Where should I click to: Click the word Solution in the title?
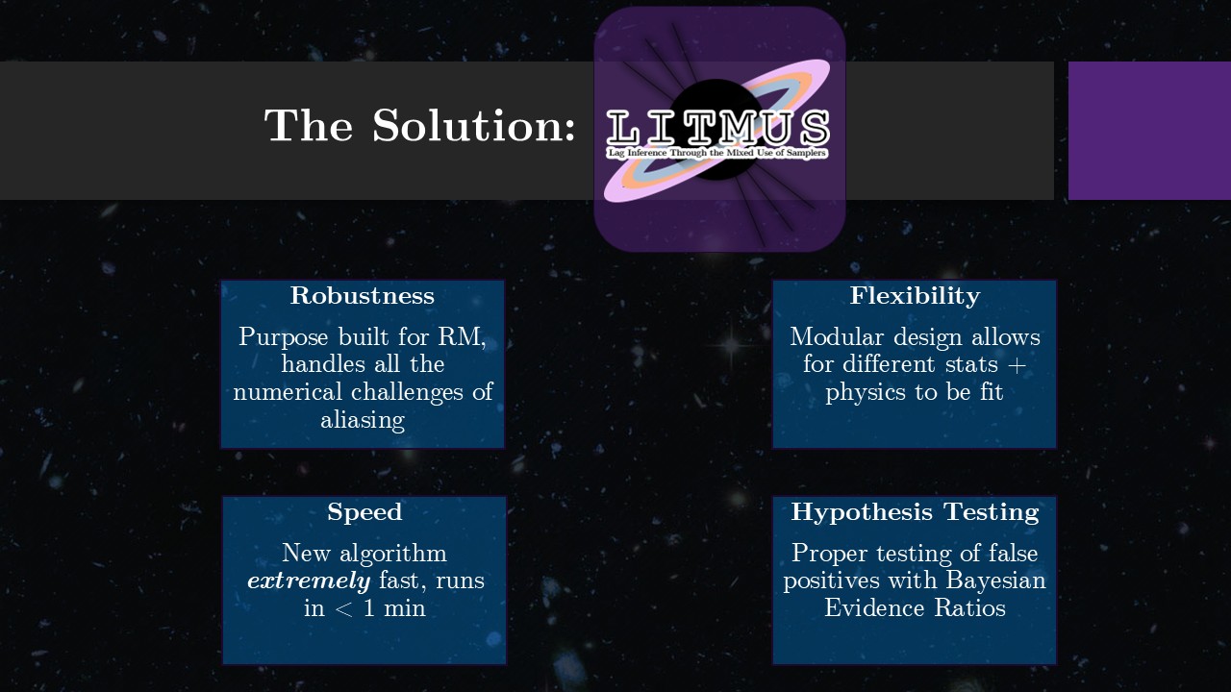(474, 125)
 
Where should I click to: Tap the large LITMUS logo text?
(717, 128)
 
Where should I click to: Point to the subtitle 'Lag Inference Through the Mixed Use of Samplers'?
(717, 153)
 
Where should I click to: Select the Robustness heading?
(363, 295)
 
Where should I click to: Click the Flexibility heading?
(915, 296)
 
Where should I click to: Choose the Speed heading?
(364, 512)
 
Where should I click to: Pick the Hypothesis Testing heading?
(915, 512)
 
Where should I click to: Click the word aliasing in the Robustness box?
(363, 421)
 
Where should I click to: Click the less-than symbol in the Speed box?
(343, 608)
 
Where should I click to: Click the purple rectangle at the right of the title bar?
(1149, 131)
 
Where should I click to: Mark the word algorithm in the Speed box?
(393, 554)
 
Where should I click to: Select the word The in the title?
(309, 125)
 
